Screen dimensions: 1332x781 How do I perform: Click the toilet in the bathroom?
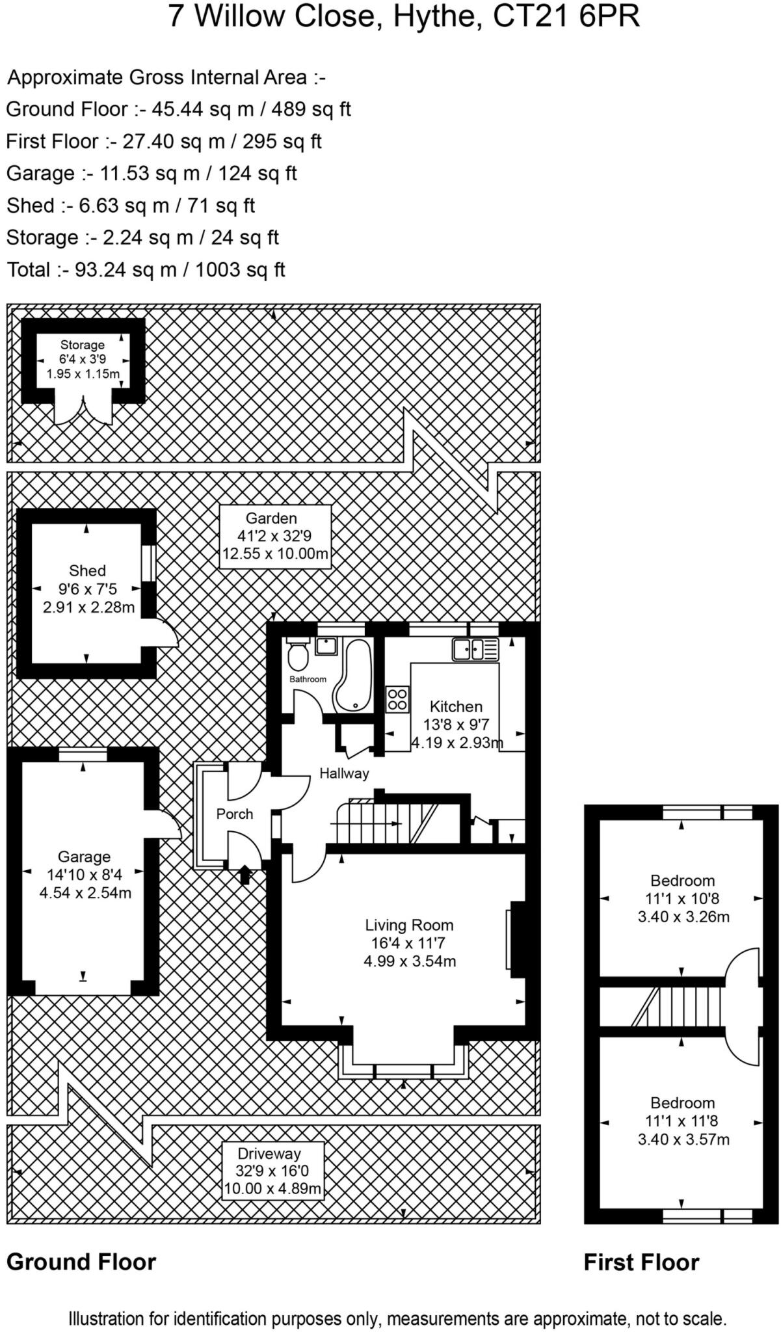[x=298, y=656]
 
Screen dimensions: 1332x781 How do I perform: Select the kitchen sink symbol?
[x=476, y=649]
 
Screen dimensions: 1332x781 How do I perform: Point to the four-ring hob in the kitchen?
[x=397, y=699]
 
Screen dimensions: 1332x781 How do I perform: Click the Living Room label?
[x=409, y=925]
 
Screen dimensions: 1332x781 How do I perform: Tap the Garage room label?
[x=84, y=857]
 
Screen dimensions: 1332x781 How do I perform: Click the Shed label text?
[x=87, y=570]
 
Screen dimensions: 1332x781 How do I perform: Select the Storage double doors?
[x=83, y=411]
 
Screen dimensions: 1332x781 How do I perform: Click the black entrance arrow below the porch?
[x=245, y=875]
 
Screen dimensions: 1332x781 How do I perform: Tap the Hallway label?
[x=344, y=773]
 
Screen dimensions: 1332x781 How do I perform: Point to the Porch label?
[x=235, y=814]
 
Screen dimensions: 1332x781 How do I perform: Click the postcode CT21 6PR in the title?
[x=566, y=17]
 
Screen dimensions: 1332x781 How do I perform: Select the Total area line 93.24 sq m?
[x=146, y=269]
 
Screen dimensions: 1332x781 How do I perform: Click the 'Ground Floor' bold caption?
[x=81, y=1262]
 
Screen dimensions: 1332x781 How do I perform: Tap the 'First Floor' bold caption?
[x=641, y=1262]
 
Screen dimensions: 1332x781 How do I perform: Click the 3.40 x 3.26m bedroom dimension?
[x=683, y=917]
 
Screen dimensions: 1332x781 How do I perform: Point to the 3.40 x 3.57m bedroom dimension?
[x=683, y=1139]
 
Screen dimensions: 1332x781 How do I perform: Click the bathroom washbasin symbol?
[x=325, y=646]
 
